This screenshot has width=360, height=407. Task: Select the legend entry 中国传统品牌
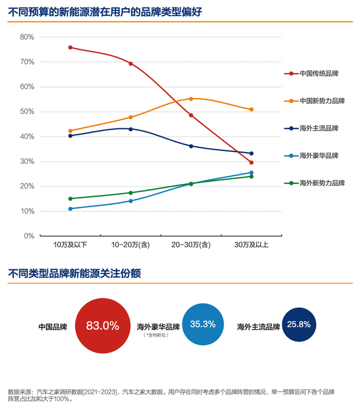click(319, 74)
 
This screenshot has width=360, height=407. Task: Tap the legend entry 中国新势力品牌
click(322, 101)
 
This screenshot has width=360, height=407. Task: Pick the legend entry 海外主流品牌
click(319, 128)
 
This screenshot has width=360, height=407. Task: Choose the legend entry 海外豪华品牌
click(319, 156)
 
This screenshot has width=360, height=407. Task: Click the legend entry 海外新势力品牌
click(322, 183)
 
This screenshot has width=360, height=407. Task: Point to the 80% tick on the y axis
click(27, 37)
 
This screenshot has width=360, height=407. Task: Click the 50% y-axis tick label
click(27, 111)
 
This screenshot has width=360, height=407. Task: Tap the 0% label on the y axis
click(29, 236)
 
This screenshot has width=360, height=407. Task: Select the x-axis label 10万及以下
click(70, 245)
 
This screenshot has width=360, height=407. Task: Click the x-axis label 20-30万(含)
click(191, 245)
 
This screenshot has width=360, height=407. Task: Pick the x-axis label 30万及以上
click(251, 245)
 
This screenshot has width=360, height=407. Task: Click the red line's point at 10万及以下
click(70, 48)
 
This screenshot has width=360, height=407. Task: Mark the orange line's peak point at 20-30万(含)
click(191, 99)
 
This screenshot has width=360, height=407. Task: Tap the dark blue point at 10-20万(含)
click(131, 129)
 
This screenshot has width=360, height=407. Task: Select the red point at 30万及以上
click(251, 163)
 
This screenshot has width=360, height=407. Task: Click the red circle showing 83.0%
click(102, 326)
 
